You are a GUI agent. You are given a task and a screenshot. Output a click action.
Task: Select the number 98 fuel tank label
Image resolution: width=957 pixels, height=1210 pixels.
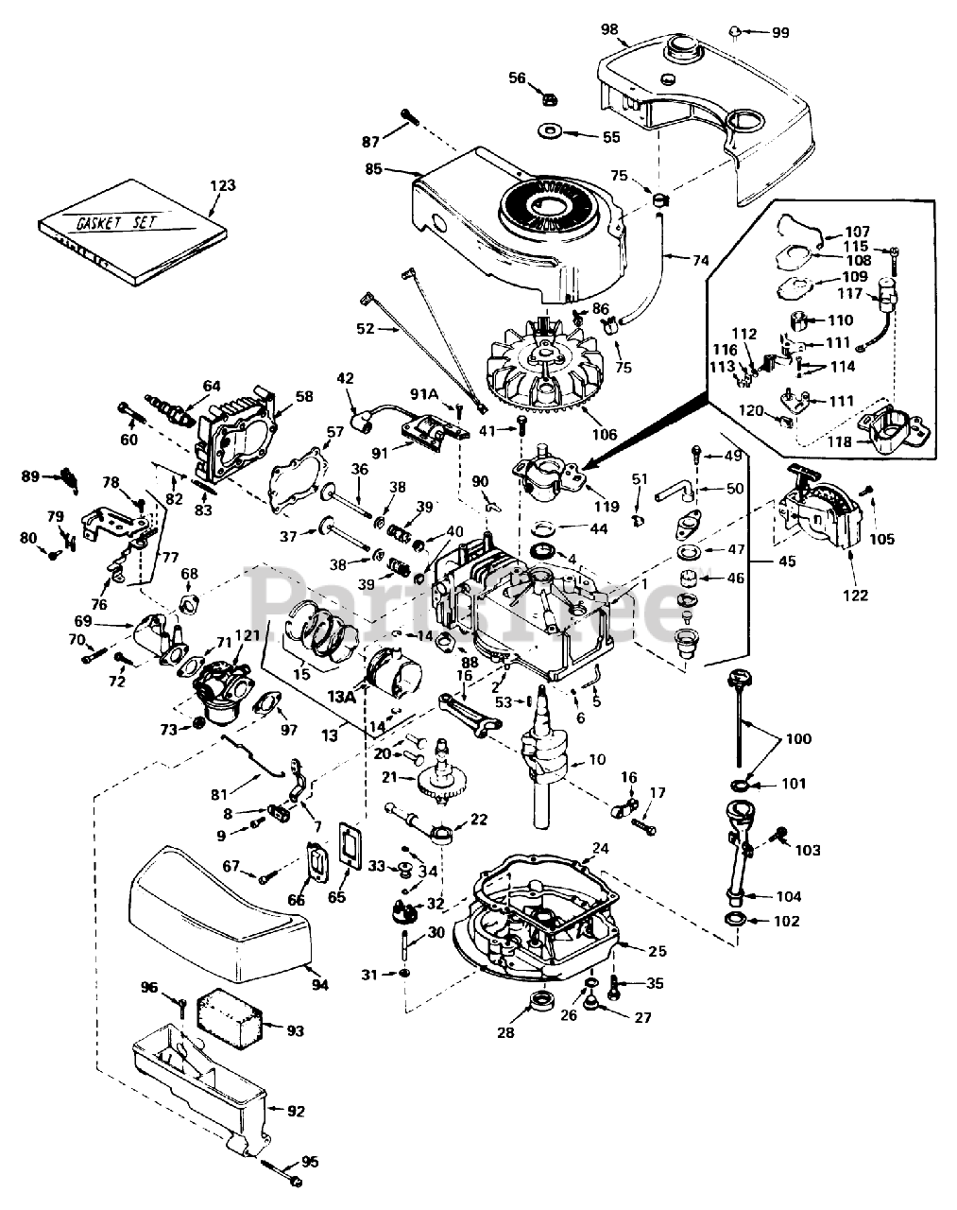click(608, 28)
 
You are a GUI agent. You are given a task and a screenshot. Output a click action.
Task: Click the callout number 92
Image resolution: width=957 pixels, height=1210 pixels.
click(296, 1111)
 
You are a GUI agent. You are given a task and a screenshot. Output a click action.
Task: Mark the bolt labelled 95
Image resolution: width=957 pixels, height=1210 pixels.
click(280, 1172)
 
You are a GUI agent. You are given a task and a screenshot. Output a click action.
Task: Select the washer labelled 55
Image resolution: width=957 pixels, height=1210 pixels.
click(547, 131)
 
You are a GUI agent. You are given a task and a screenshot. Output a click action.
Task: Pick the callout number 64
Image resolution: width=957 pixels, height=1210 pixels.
click(211, 385)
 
